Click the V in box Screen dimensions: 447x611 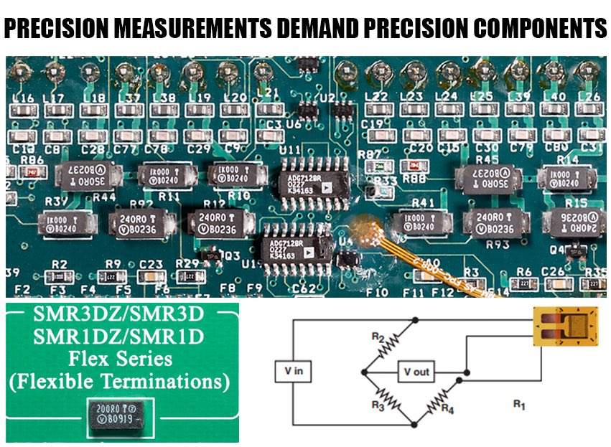click(290, 371)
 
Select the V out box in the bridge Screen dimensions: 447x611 click(416, 372)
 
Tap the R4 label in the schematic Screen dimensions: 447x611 click(448, 410)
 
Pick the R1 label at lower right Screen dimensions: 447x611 click(519, 405)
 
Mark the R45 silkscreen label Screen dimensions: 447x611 click(487, 159)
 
